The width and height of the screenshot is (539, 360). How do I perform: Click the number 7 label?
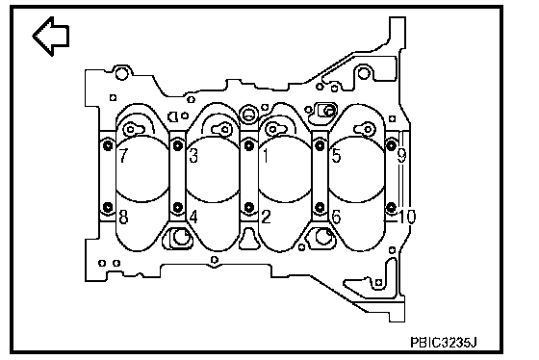(123, 155)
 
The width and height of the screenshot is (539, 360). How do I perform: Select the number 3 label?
(193, 155)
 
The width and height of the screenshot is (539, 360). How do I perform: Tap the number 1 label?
(266, 155)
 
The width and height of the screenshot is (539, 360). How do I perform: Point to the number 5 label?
(336, 155)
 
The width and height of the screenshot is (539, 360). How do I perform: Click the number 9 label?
(402, 155)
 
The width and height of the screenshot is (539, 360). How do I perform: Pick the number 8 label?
(123, 217)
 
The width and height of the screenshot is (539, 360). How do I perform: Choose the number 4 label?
(193, 217)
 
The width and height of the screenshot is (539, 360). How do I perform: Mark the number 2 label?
(266, 217)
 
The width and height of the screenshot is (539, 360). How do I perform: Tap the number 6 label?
(336, 217)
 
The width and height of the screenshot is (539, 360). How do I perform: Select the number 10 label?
(407, 217)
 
